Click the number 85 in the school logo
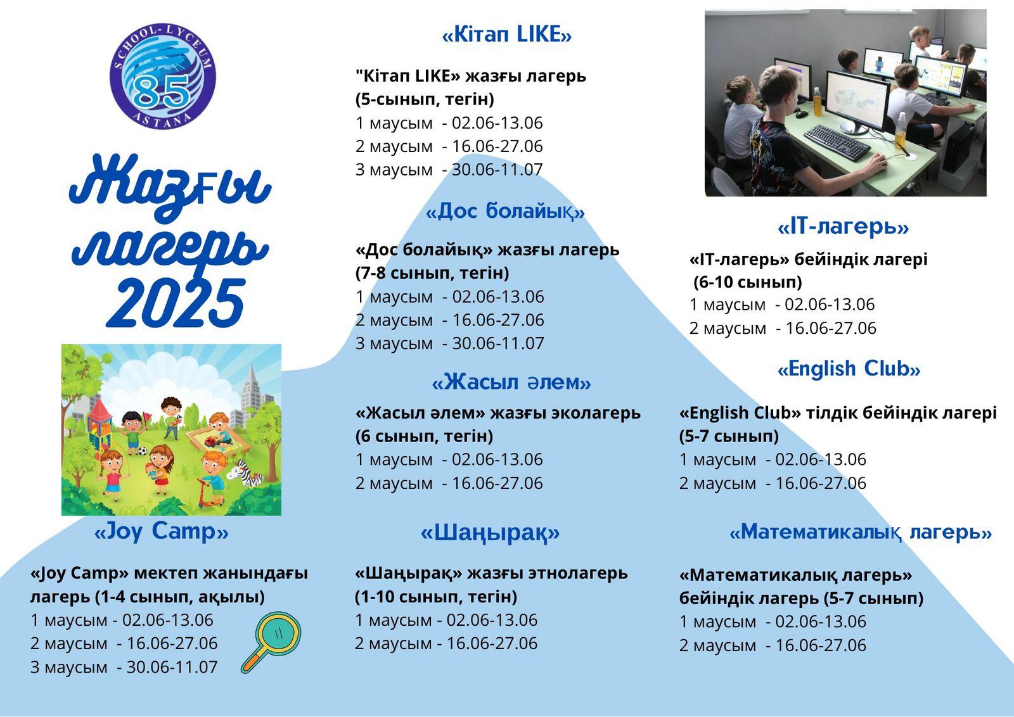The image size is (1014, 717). (162, 92)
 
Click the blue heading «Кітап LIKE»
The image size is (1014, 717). (506, 34)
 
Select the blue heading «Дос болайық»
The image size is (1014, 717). (505, 212)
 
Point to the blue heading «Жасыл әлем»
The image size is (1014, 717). (511, 382)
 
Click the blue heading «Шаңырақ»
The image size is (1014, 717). (491, 533)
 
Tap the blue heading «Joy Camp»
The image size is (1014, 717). (161, 531)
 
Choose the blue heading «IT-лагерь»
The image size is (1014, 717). (843, 227)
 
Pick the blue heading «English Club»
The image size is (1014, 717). (849, 369)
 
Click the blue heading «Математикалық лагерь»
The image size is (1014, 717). (861, 533)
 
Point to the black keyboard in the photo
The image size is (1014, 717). (837, 142)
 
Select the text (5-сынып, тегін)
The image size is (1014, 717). (425, 99)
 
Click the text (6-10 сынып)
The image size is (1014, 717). (748, 282)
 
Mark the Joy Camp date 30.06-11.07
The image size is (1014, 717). (172, 667)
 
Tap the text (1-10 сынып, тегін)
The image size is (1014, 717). (436, 597)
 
